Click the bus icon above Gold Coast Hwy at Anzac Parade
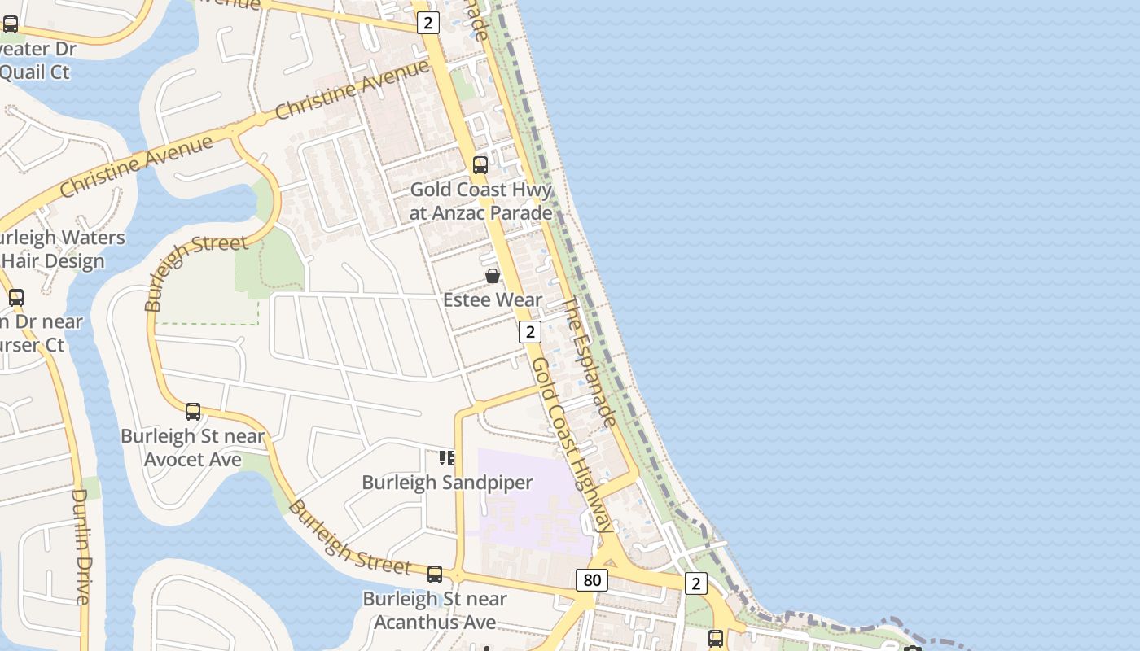(480, 165)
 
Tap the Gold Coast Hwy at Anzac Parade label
(480, 201)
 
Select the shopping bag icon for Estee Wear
(493, 276)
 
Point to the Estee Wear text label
(493, 300)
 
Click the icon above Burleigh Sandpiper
(447, 458)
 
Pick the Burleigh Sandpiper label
(447, 483)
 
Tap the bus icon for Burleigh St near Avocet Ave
(193, 412)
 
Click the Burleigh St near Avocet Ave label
(193, 448)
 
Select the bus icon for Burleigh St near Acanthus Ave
(435, 575)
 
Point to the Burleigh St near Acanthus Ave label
(435, 610)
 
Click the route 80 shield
(591, 580)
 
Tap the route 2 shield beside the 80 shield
(695, 583)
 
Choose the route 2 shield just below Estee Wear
(530, 332)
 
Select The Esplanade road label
(589, 361)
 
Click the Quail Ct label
(34, 72)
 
